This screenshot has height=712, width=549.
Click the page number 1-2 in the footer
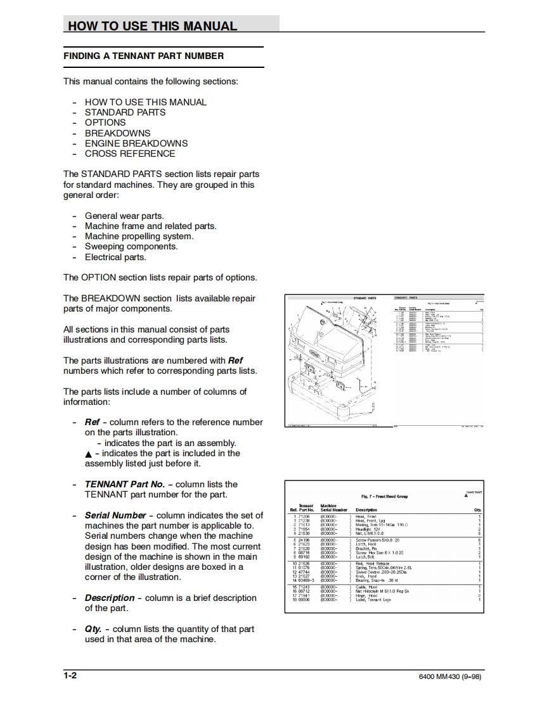70,675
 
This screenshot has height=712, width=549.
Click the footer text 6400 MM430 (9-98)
450,676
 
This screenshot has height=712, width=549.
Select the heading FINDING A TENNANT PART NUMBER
143,56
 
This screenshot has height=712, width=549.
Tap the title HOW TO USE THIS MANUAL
152,26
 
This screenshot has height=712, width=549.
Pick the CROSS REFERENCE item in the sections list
130,154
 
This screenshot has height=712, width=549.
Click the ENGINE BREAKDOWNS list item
136,143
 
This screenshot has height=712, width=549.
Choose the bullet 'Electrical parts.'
115,257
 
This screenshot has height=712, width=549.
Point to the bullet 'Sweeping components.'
131,247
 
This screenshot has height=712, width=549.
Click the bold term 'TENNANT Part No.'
124,484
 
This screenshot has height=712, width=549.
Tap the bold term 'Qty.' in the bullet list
93,629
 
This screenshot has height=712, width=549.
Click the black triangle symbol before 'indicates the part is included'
88,454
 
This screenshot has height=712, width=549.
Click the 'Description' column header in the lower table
366,510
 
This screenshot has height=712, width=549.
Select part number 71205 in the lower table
304,517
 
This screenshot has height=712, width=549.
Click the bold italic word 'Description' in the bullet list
110,598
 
